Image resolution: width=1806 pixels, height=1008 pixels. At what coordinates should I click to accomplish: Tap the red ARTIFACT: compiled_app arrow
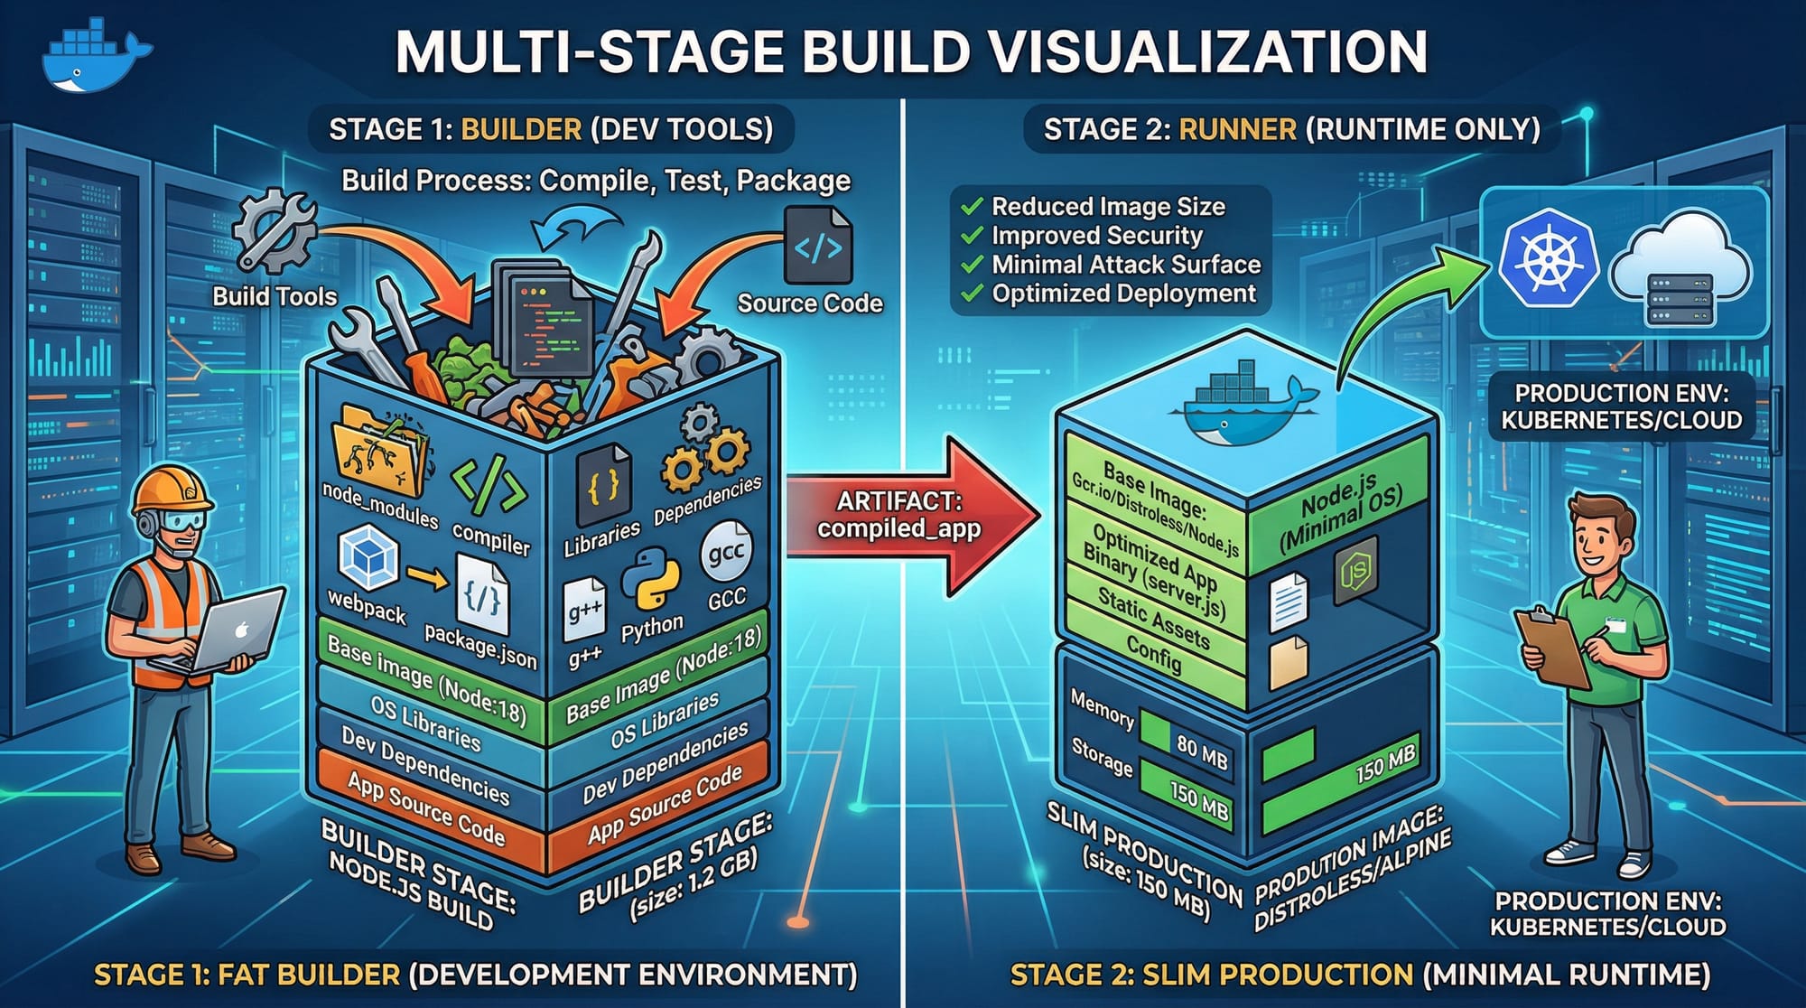tap(908, 517)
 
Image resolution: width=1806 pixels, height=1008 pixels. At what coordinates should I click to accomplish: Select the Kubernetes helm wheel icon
tap(1548, 259)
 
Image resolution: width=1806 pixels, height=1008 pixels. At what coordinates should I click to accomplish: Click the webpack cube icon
tap(368, 556)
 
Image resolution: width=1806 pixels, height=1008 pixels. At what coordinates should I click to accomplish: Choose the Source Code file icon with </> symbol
tap(818, 247)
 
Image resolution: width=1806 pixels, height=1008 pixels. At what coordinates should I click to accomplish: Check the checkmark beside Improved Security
tap(972, 236)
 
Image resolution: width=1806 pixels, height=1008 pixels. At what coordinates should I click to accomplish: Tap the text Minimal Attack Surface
tap(1125, 265)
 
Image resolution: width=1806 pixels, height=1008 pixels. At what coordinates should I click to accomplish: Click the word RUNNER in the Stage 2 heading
tap(1237, 129)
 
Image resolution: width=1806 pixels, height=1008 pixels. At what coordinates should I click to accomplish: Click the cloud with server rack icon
tap(1680, 271)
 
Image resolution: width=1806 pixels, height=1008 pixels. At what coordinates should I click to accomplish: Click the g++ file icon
tap(584, 613)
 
